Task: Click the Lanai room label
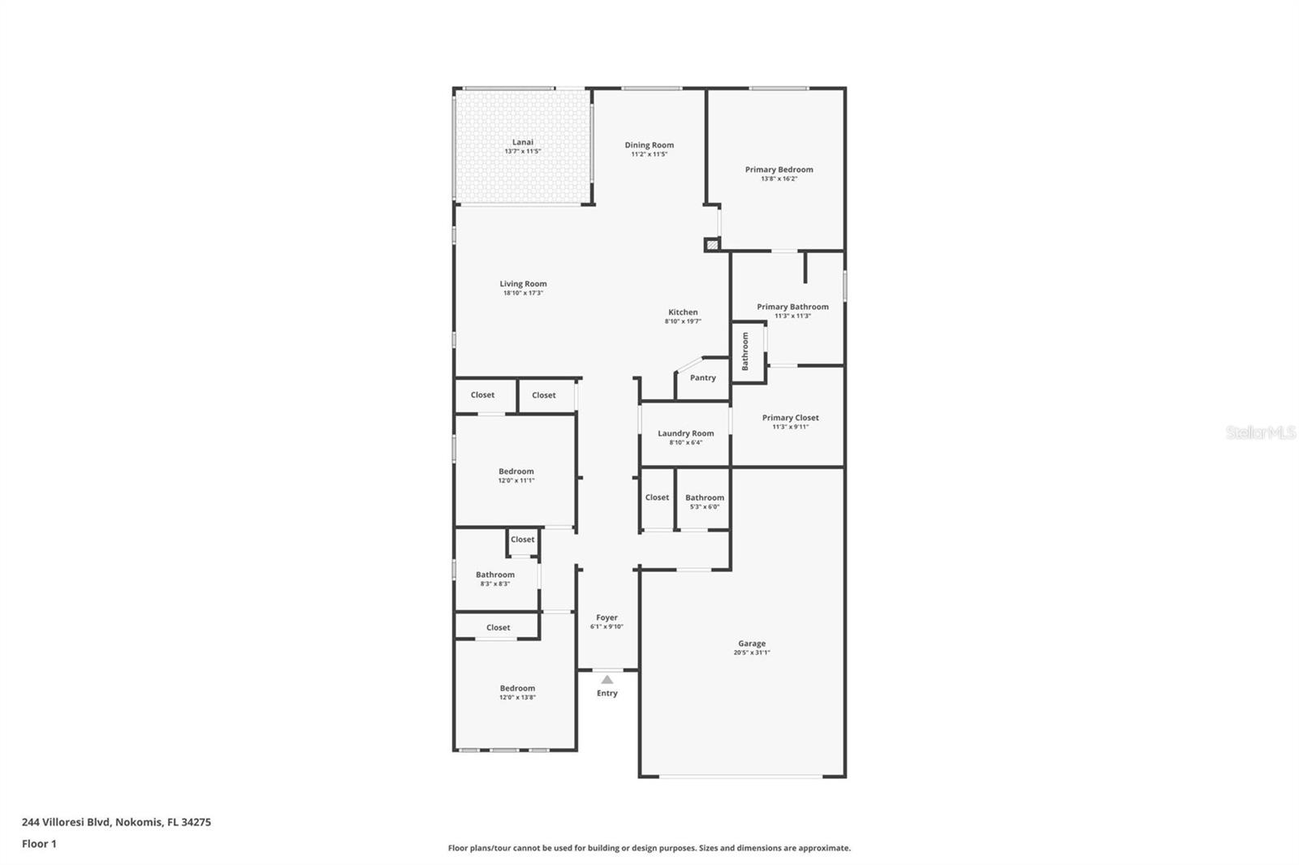coord(523,142)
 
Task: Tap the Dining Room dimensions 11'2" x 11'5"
coord(649,154)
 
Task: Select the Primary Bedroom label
coord(779,170)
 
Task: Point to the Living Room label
coord(523,284)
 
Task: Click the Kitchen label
coord(683,312)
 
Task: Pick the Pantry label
coord(703,378)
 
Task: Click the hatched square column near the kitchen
coord(712,243)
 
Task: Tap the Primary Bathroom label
coord(792,307)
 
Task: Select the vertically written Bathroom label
coord(745,351)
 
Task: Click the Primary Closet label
coord(790,418)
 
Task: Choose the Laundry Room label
coord(686,433)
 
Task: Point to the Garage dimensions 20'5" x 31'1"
coord(752,652)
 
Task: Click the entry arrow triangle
coord(607,680)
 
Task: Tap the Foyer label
coord(606,618)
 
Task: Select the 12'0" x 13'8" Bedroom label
coord(517,688)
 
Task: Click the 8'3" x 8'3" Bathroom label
coord(495,575)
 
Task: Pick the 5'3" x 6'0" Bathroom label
coord(705,498)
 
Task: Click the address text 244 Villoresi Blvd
coord(116,822)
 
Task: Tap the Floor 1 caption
coord(39,844)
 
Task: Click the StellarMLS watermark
coord(1260,433)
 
